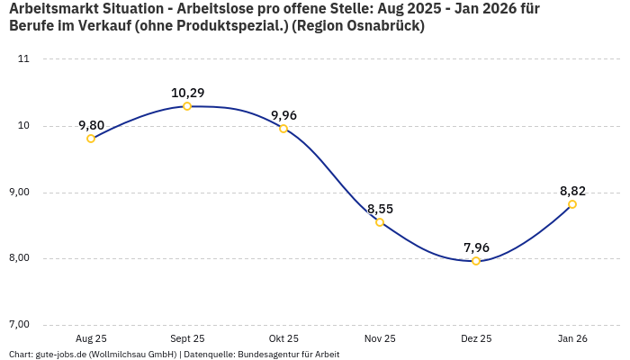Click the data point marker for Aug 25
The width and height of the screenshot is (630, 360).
91,139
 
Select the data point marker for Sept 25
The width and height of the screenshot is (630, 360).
187,106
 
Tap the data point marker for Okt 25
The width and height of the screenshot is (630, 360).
283,129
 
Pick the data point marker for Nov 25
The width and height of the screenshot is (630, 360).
380,222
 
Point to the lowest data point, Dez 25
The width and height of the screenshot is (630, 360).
476,261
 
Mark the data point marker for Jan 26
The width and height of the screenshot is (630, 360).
572,204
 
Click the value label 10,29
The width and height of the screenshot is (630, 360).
187,93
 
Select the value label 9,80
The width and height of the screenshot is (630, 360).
91,125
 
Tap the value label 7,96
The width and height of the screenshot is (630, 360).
476,247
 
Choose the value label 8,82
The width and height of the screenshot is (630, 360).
572,191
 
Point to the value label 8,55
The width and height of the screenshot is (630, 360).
380,209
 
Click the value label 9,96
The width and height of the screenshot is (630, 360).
283,115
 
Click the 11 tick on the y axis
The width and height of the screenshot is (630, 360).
23,59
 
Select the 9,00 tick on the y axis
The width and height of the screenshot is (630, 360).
19,193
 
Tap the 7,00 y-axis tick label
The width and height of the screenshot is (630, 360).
19,325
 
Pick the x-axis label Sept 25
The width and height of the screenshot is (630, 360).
187,338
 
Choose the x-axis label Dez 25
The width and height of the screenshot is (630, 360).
476,338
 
